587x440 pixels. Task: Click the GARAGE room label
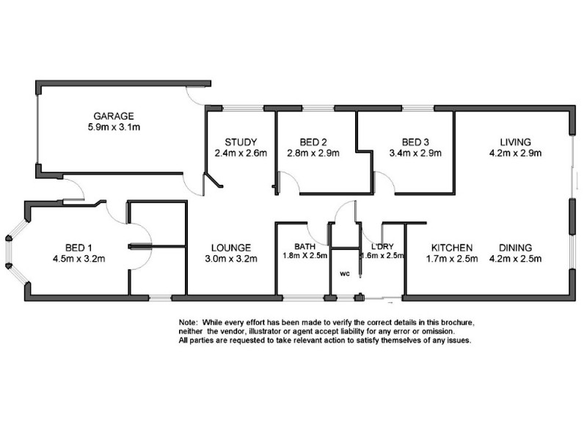click(x=113, y=116)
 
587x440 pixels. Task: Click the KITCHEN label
click(x=451, y=247)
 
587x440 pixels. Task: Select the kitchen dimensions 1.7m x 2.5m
click(x=452, y=258)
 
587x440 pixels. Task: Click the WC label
click(x=344, y=274)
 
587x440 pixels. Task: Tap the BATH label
click(x=305, y=246)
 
